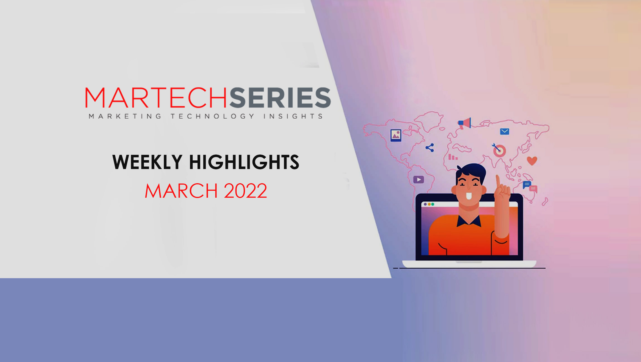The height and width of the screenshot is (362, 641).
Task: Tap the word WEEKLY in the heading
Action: [147, 162]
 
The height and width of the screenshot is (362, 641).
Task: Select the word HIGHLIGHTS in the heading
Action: [244, 162]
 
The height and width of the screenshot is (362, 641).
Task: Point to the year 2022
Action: [245, 191]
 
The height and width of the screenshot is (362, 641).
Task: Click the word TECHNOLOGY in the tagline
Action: [212, 116]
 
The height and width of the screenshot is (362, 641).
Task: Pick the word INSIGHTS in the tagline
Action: [293, 116]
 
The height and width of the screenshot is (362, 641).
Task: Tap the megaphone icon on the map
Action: [465, 123]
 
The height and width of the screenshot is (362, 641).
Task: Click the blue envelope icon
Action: [504, 131]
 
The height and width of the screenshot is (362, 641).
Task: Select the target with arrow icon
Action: [499, 150]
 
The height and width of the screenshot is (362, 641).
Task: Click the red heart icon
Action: [532, 161]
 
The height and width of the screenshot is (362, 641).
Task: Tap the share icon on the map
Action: [430, 148]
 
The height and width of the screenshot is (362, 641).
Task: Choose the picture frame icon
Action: [396, 135]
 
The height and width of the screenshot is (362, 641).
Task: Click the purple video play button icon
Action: [418, 180]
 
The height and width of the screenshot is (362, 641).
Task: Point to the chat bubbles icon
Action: [530, 187]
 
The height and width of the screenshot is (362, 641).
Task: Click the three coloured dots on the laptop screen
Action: [429, 204]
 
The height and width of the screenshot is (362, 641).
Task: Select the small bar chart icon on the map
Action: [453, 157]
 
